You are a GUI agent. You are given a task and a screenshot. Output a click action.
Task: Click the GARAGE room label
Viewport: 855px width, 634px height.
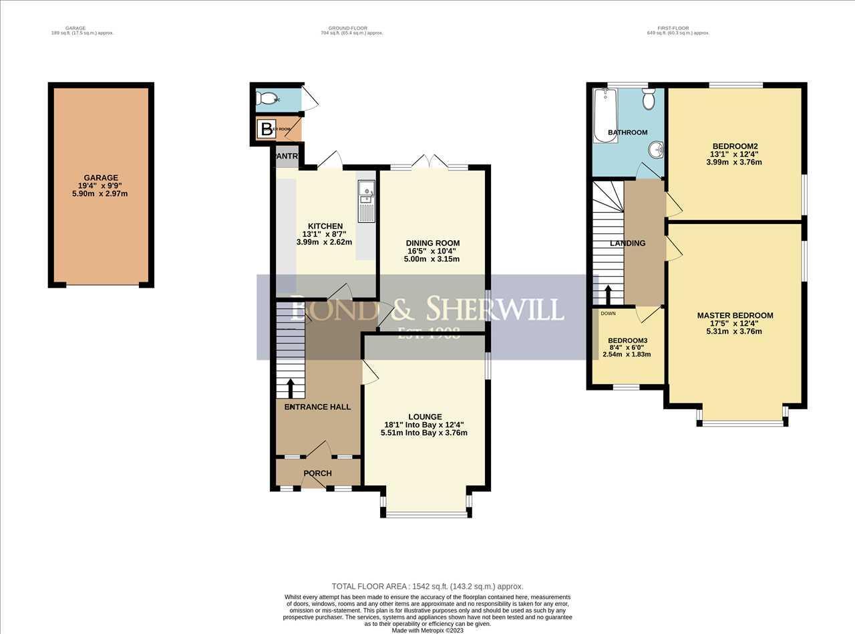coord(101,178)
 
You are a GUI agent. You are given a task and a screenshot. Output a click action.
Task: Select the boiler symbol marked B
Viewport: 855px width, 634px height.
coord(267,129)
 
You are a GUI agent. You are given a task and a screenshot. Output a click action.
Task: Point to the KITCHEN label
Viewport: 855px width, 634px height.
coord(325,226)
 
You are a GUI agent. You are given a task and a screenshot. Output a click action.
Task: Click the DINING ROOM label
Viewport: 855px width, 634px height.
coord(433,243)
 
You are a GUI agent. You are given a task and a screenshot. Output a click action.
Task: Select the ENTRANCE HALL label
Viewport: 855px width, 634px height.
coord(317,407)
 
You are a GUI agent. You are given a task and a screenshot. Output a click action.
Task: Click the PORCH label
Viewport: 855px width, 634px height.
coord(317,473)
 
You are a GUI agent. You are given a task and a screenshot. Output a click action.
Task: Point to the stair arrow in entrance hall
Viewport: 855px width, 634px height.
coord(290,387)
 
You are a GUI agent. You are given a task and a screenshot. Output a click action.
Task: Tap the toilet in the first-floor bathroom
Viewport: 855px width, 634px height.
coord(648,100)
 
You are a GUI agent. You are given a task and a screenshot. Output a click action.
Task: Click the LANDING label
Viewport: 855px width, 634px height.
coord(628,243)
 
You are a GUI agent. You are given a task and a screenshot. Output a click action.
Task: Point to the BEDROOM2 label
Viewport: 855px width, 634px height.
coord(735,146)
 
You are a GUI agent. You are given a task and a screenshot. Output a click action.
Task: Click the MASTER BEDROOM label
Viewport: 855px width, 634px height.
coord(735,316)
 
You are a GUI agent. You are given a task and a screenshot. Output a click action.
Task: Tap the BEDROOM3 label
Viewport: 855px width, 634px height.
coord(627,340)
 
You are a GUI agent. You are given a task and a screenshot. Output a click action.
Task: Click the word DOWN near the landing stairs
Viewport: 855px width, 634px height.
coord(608,313)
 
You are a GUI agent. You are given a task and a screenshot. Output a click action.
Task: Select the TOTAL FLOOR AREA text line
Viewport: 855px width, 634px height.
coord(427,586)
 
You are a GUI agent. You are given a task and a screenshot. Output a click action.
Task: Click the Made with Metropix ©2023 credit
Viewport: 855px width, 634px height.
coord(427,630)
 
